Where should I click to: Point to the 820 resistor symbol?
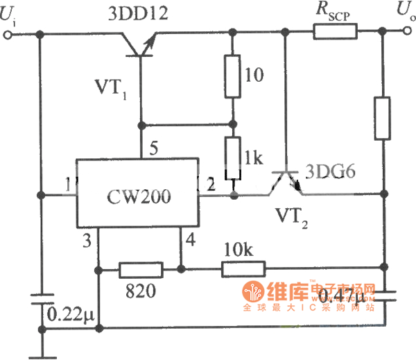[141, 269]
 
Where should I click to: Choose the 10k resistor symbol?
[243, 269]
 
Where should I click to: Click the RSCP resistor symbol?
[336, 31]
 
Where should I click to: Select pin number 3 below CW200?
[87, 240]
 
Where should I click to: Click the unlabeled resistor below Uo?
[383, 119]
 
